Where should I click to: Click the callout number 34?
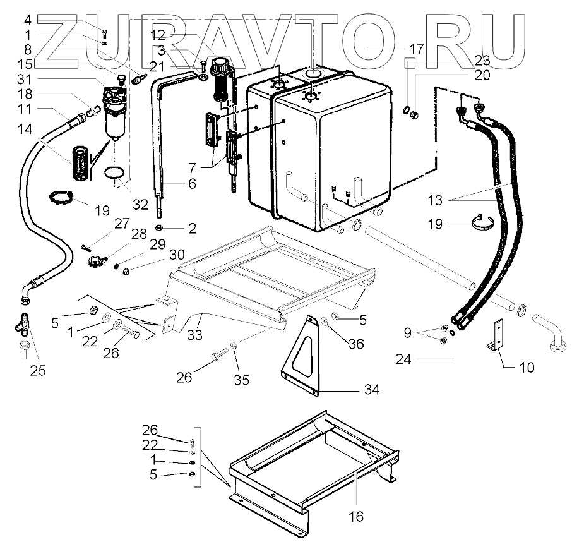pos(372,390)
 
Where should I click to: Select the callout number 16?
pos(356,517)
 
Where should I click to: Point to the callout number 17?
pos(416,49)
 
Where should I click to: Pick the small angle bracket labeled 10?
pos(497,335)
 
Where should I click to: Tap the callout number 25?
pos(38,370)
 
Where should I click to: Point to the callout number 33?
pos(194,334)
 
